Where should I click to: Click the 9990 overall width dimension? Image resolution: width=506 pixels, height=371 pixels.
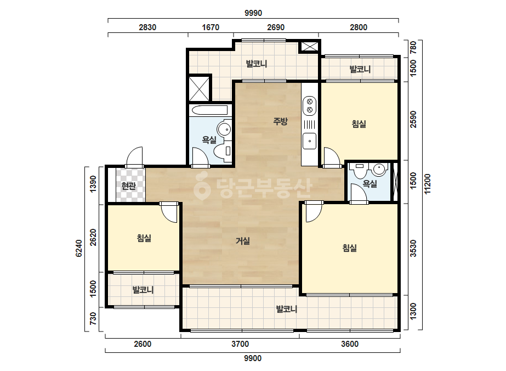[253, 13]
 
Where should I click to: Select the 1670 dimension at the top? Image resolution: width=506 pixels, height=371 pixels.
[211, 27]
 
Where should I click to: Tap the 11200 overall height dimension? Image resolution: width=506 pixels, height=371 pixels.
[428, 184]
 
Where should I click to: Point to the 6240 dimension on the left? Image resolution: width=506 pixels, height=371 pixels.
[79, 248]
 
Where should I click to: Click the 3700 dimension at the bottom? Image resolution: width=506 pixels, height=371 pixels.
[240, 344]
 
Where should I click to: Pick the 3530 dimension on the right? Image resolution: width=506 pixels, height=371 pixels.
[413, 248]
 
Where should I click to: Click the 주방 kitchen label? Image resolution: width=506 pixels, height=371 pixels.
[280, 121]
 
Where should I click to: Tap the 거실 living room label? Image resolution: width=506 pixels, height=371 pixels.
[243, 241]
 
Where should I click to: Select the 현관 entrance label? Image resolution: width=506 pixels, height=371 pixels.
[128, 186]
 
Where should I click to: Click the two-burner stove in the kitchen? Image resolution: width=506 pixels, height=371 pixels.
[310, 105]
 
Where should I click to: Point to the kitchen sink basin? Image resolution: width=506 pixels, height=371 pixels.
[310, 141]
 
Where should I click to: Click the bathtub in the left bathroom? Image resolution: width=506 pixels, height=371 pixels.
[211, 110]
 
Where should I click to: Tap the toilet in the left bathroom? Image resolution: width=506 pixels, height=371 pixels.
[223, 151]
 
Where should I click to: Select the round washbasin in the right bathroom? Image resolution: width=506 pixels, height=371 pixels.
[379, 170]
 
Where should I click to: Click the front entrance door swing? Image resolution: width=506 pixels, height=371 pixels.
[134, 157]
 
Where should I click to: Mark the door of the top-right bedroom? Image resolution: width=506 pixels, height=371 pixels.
[332, 158]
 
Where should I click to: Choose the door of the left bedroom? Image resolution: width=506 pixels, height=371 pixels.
[169, 212]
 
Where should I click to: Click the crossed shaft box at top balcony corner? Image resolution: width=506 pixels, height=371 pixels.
[310, 47]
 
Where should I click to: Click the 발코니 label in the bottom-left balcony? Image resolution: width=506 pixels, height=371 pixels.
[143, 290]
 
